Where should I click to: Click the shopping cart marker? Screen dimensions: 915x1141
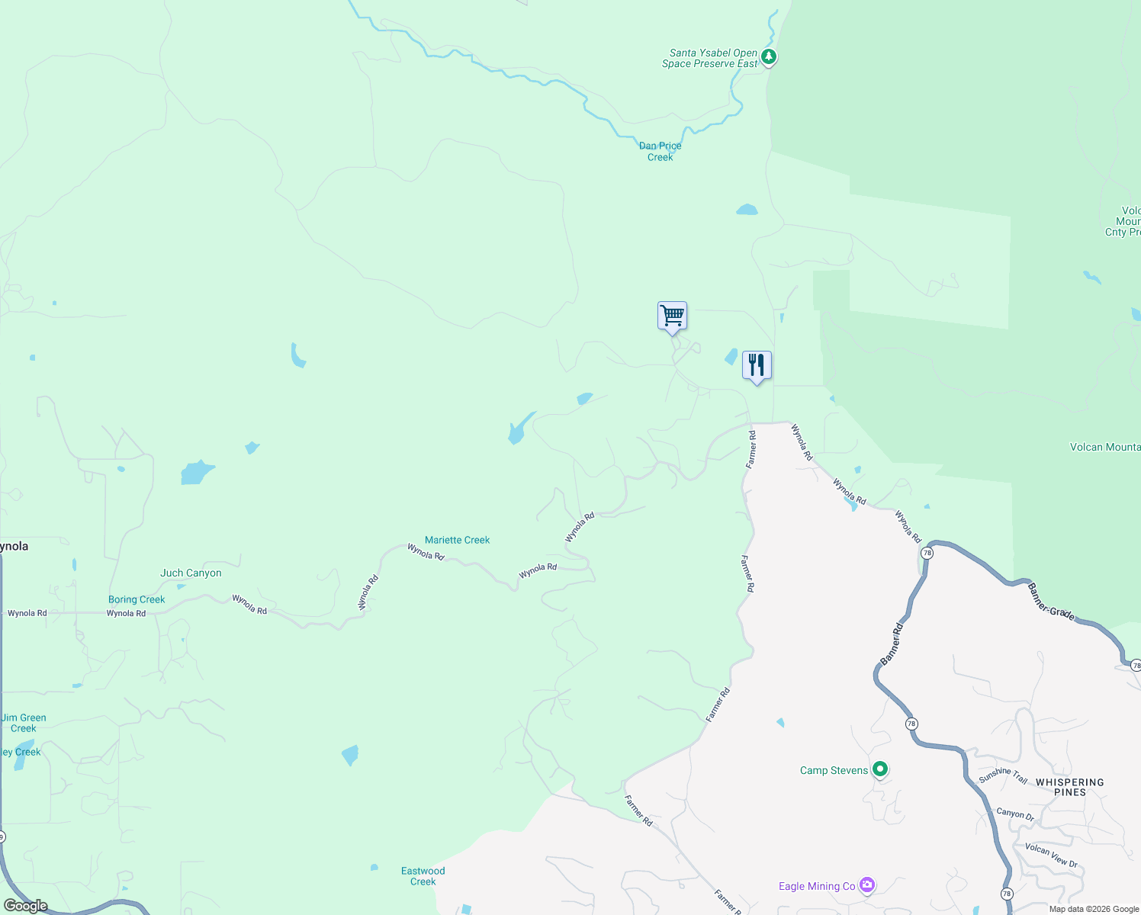click(x=672, y=316)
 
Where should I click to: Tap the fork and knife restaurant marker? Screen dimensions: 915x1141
click(x=757, y=365)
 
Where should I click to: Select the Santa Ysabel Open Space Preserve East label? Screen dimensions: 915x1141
click(x=710, y=59)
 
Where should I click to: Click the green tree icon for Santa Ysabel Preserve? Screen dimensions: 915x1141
click(x=769, y=56)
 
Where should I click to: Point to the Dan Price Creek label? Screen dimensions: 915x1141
click(x=660, y=151)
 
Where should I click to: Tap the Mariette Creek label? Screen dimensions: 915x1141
click(x=457, y=540)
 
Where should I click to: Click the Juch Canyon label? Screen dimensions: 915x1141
click(x=191, y=573)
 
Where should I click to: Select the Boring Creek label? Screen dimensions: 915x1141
click(x=137, y=599)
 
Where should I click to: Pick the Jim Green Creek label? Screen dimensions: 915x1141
click(x=24, y=723)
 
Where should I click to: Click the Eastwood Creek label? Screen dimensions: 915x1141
click(x=423, y=876)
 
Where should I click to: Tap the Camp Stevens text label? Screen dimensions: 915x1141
click(x=834, y=770)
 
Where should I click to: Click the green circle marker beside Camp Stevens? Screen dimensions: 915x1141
click(x=880, y=769)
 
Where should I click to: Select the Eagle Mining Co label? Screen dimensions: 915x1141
click(x=817, y=886)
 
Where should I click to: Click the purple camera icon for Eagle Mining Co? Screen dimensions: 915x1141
click(x=867, y=885)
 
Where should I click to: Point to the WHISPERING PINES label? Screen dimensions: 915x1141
click(x=1069, y=787)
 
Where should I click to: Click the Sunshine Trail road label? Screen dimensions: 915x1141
click(x=1003, y=775)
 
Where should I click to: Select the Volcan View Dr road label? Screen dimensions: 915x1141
click(x=1051, y=855)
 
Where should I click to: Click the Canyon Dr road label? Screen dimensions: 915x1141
click(x=1015, y=814)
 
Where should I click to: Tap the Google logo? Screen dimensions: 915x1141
click(x=25, y=905)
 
